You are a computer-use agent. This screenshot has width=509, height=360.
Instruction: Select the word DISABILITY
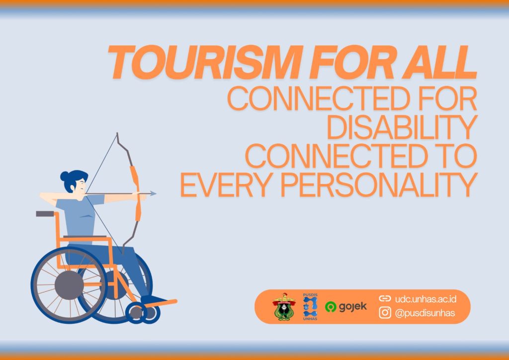click(x=402, y=127)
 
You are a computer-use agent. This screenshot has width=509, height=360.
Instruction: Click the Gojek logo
click(x=346, y=306)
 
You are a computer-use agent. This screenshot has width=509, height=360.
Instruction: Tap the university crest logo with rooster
click(x=284, y=307)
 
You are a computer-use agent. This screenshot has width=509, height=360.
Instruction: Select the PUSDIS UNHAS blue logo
click(x=310, y=307)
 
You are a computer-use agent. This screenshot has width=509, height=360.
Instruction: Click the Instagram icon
click(x=385, y=313)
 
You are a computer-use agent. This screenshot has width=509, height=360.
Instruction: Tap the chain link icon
click(x=385, y=298)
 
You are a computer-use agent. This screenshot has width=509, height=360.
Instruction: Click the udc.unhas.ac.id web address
click(x=425, y=299)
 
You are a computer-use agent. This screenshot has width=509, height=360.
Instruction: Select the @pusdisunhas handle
click(x=425, y=313)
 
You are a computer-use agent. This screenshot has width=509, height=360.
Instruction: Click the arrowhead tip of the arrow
click(x=156, y=193)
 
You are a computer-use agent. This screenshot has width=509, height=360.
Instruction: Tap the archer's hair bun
click(x=64, y=176)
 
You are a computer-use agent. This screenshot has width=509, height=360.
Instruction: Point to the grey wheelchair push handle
click(x=45, y=214)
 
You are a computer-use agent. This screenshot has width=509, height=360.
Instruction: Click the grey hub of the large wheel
click(x=69, y=285)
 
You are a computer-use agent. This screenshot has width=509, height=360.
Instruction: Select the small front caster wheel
click(x=136, y=313)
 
